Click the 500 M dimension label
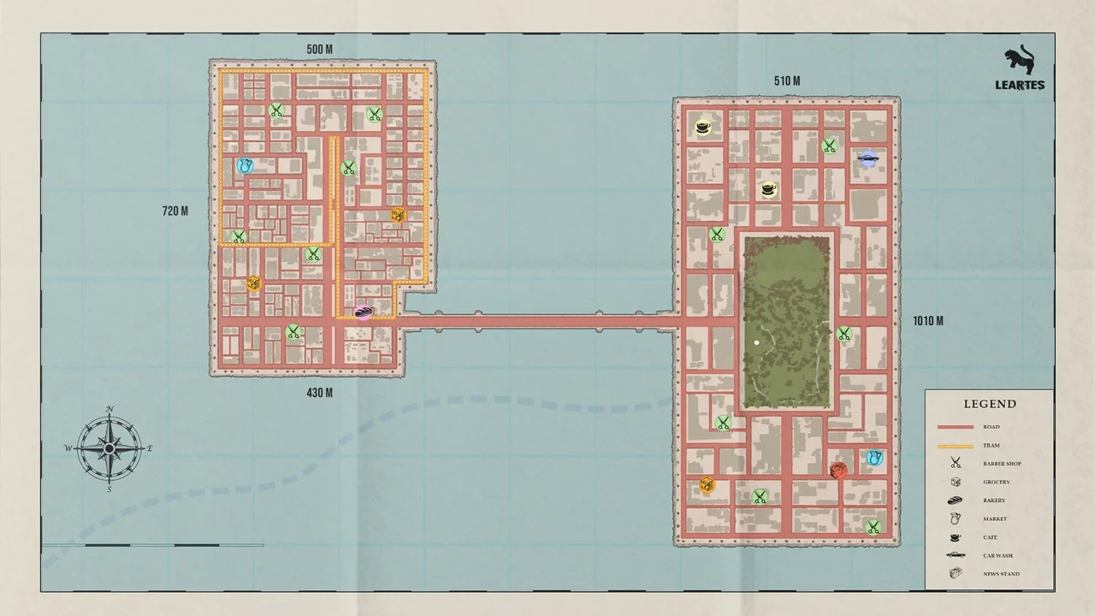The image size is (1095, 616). pyautogui.click(x=319, y=49)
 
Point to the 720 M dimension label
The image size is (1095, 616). pyautogui.click(x=175, y=210)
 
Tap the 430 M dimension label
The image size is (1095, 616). pyautogui.click(x=319, y=393)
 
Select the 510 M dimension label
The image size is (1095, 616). pyautogui.click(x=786, y=81)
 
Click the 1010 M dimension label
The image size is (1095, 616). pyautogui.click(x=927, y=321)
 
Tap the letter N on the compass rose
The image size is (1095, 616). pyautogui.click(x=109, y=409)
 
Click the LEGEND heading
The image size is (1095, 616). pyautogui.click(x=990, y=404)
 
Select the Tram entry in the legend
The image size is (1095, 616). pyautogui.click(x=991, y=446)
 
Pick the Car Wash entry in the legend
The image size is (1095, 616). pyautogui.click(x=997, y=555)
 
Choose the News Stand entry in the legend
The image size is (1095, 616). pyautogui.click(x=1000, y=574)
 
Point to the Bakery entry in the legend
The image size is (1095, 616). pyautogui.click(x=993, y=500)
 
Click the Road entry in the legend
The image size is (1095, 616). pyautogui.click(x=991, y=427)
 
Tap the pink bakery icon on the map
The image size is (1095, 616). pyautogui.click(x=363, y=312)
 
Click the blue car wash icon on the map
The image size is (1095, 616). pyautogui.click(x=867, y=157)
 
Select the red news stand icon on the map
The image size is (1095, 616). pyautogui.click(x=838, y=470)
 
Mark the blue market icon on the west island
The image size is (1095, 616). pyautogui.click(x=246, y=165)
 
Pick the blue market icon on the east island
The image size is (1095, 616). pyautogui.click(x=873, y=459)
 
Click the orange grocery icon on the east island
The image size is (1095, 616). pyautogui.click(x=707, y=485)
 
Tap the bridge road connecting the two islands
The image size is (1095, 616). pyautogui.click(x=539, y=322)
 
